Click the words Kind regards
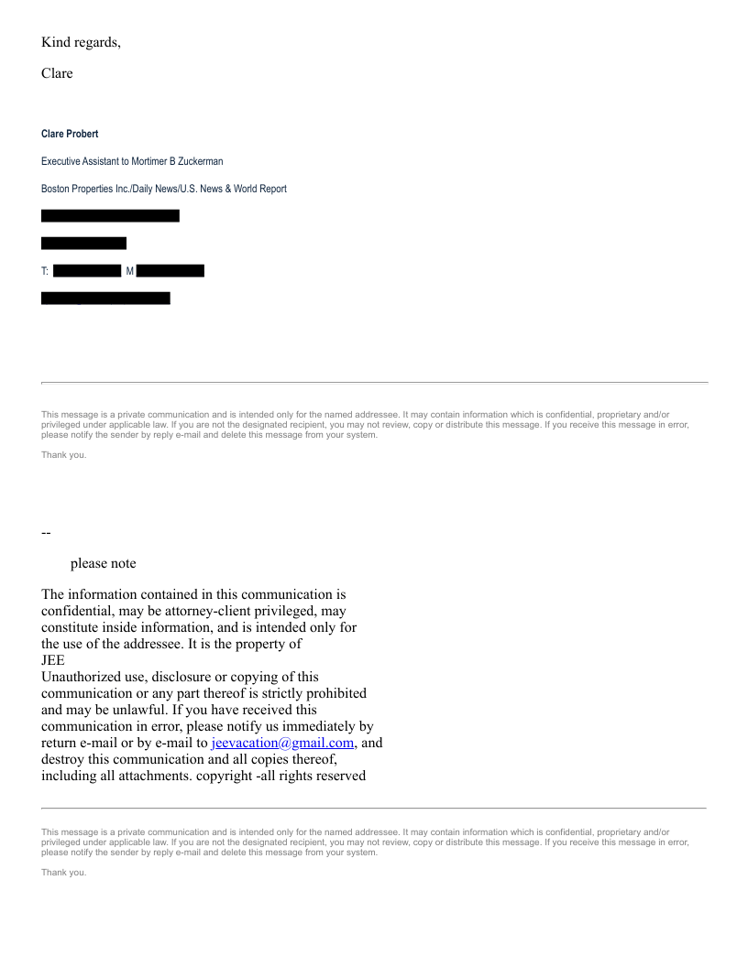coord(81,42)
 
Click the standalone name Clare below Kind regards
coord(57,73)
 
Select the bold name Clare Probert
coord(70,134)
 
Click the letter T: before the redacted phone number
coord(45,271)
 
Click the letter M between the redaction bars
coord(129,271)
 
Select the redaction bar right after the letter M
coord(170,271)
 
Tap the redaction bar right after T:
coord(87,271)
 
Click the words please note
coord(103,563)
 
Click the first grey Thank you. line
coord(64,455)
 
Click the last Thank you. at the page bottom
coord(64,872)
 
